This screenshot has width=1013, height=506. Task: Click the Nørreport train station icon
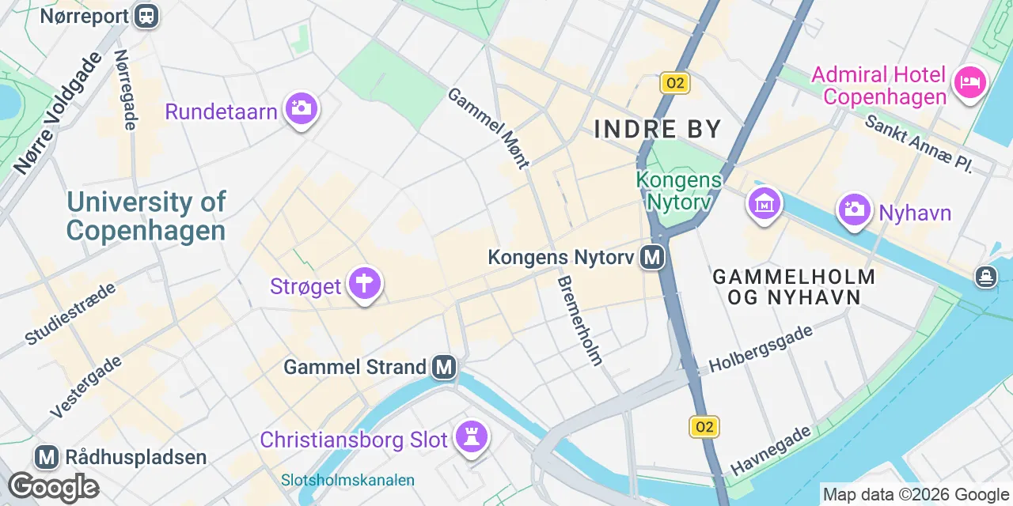146,15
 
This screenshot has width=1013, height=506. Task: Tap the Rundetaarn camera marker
301,108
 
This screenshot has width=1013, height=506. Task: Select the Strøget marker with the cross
365,284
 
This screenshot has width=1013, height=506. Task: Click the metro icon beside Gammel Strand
444,367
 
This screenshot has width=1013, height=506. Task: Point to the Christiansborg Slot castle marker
472,438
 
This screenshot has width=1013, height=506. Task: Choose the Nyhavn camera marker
855,210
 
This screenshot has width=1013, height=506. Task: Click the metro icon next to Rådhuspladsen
47,457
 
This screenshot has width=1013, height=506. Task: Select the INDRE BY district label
658,129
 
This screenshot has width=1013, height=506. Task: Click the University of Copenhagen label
146,216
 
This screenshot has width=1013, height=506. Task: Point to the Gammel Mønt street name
488,128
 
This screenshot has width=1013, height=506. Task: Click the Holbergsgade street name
761,349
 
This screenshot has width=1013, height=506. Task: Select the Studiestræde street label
70,313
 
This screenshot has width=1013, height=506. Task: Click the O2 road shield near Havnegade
703,428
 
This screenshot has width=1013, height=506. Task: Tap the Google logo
53,488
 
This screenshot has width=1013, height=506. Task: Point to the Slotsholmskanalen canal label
347,480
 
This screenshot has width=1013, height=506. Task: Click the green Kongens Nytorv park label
679,191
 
